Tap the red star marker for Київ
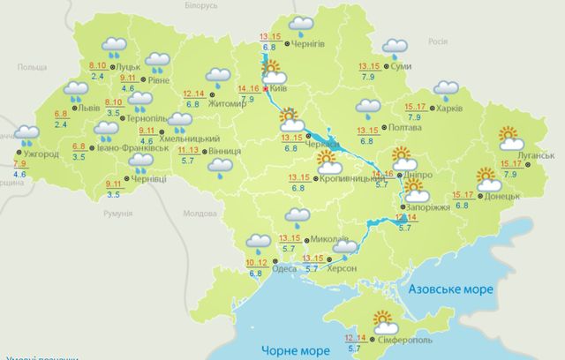[265, 88]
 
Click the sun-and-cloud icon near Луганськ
[509, 138]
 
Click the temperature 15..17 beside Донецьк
[463, 195]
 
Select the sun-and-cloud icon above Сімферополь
[384, 319]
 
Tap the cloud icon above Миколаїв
[297, 214]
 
